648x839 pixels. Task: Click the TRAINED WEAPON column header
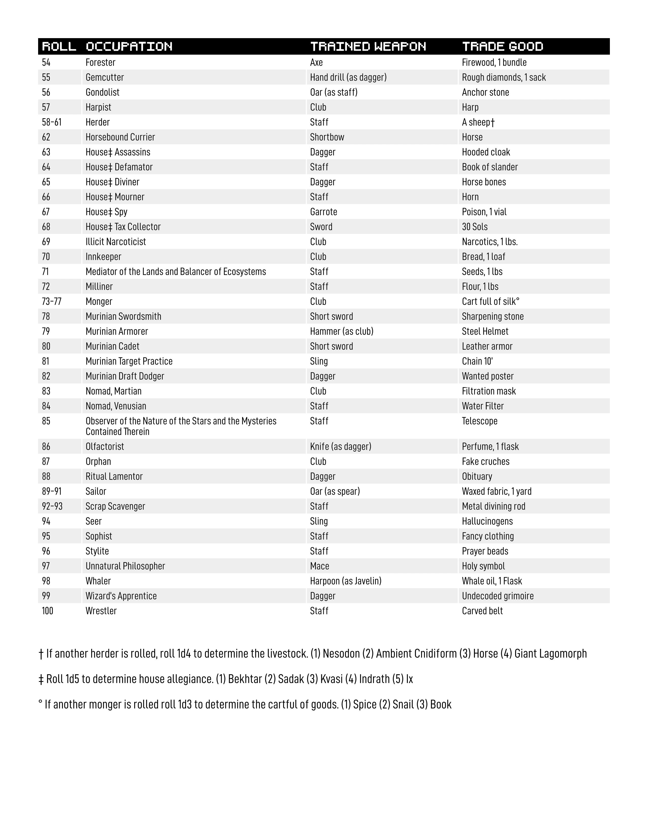coord(368,47)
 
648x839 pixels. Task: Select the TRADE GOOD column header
coord(502,47)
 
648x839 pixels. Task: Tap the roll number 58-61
coord(51,122)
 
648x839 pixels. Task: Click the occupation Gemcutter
coord(104,77)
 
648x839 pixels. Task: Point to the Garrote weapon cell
coord(323,212)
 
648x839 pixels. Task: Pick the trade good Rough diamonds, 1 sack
coord(503,77)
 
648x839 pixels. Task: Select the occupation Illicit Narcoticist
coord(116,242)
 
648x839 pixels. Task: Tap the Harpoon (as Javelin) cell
coord(346,581)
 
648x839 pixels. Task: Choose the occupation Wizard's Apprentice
coord(121,596)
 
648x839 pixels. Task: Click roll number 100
coord(48,611)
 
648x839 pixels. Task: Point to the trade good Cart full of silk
coord(490,302)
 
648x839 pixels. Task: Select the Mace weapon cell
coord(319,566)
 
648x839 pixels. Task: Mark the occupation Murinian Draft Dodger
coord(125,376)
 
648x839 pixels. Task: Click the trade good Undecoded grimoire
coord(498,596)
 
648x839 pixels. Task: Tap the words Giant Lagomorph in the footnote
coord(550,653)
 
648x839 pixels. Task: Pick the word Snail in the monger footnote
coord(403,704)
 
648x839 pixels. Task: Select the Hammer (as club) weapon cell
coord(341,331)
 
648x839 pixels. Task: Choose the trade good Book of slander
coord(489,167)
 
